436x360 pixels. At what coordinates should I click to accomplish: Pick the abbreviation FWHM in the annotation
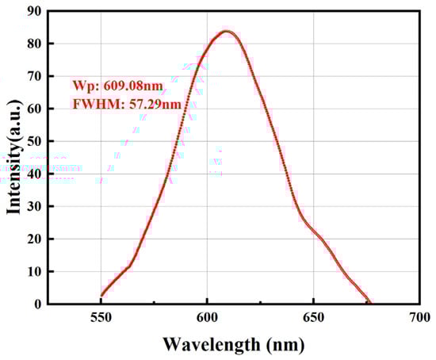coord(91,105)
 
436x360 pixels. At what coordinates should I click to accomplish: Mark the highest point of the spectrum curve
coord(227,32)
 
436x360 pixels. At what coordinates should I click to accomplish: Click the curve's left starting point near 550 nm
coord(101,295)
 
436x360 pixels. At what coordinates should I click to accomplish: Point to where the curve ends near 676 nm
coord(369,302)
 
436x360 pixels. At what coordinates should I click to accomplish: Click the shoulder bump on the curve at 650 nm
coord(315,232)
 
